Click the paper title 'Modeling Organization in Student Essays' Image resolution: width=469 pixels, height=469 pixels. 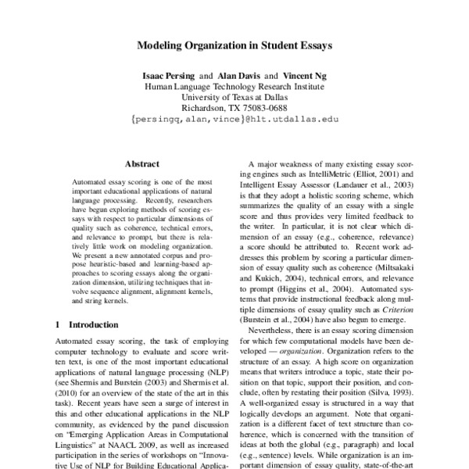[x=234, y=46]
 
